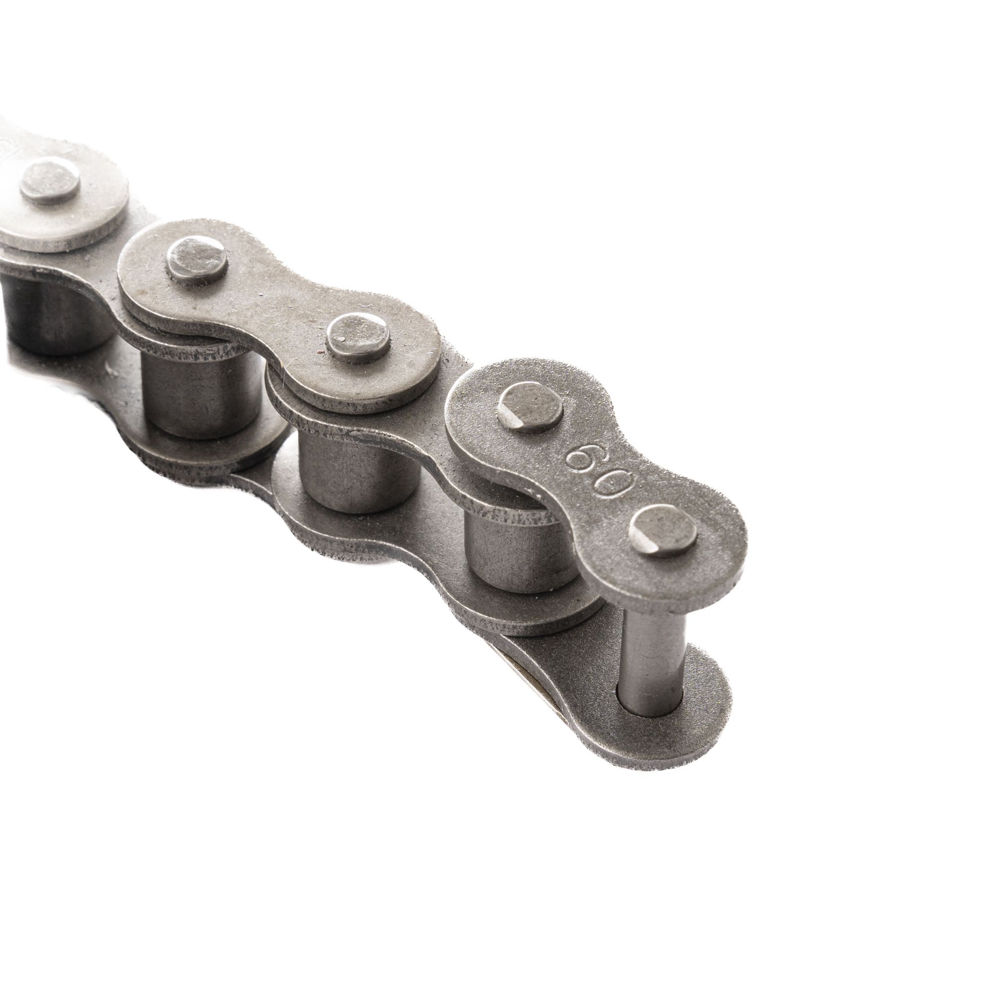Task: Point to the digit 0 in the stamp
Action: pyautogui.click(x=615, y=482)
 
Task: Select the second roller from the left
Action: pyautogui.click(x=200, y=390)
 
